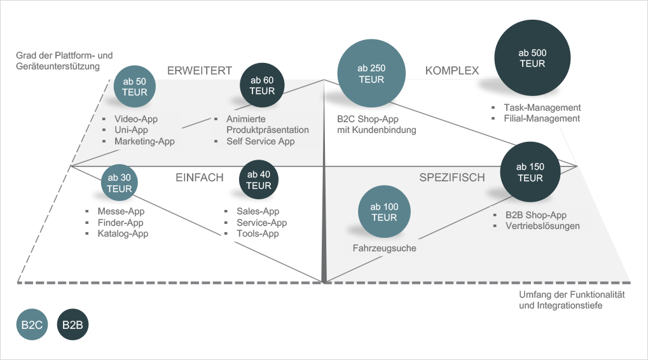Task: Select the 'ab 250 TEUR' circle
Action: pos(371,74)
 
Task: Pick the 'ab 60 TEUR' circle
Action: pos(262,85)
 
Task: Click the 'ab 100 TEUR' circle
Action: pos(383,212)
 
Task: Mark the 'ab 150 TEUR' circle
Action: pos(530,172)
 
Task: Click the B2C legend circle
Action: pos(32,325)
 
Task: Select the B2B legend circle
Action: pos(72,325)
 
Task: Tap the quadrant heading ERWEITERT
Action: pos(199,71)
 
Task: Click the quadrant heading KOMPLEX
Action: pos(452,71)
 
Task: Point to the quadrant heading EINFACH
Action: pos(200,177)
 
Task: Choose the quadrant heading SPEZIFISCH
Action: pos(452,177)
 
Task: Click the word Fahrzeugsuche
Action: pos(384,248)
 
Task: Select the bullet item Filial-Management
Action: pos(542,118)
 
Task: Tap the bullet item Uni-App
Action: pos(132,130)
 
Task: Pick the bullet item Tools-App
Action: pos(258,233)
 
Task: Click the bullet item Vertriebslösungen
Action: pos(542,226)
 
